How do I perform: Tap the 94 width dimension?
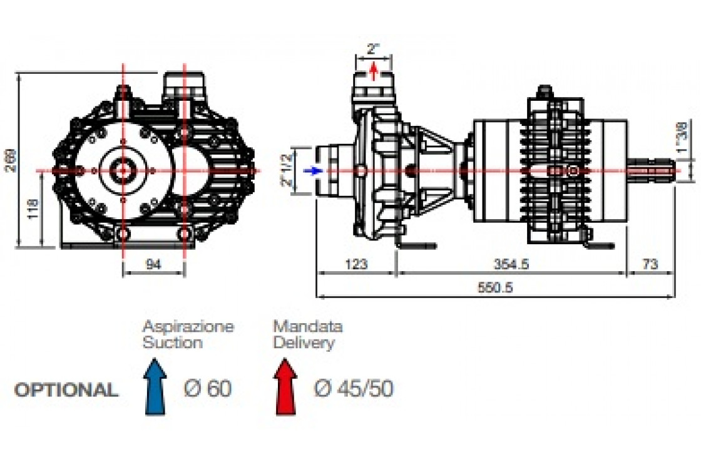153,264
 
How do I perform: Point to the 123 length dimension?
356,264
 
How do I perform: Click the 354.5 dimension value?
511,264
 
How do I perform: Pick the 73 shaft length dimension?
650,264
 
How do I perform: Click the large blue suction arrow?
155,388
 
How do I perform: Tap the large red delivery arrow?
285,388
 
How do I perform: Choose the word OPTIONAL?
66,389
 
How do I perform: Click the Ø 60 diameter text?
208,389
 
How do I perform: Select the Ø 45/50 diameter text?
354,389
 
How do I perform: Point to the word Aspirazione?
188,326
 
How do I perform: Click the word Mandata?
307,326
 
